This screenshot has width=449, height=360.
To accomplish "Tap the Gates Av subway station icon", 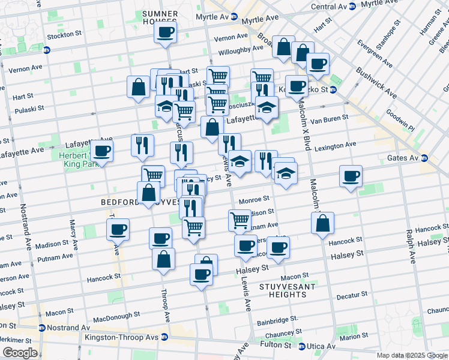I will tap(425, 158).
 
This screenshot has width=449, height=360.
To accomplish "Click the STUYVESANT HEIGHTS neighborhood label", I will tap(283, 290).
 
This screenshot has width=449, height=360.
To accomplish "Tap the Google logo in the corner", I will tap(19, 353).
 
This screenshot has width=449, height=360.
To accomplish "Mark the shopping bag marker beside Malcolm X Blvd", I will tap(322, 223).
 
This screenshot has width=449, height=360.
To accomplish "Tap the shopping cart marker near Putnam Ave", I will tap(240, 220).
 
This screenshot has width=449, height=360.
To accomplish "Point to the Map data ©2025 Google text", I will tap(412, 355).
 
